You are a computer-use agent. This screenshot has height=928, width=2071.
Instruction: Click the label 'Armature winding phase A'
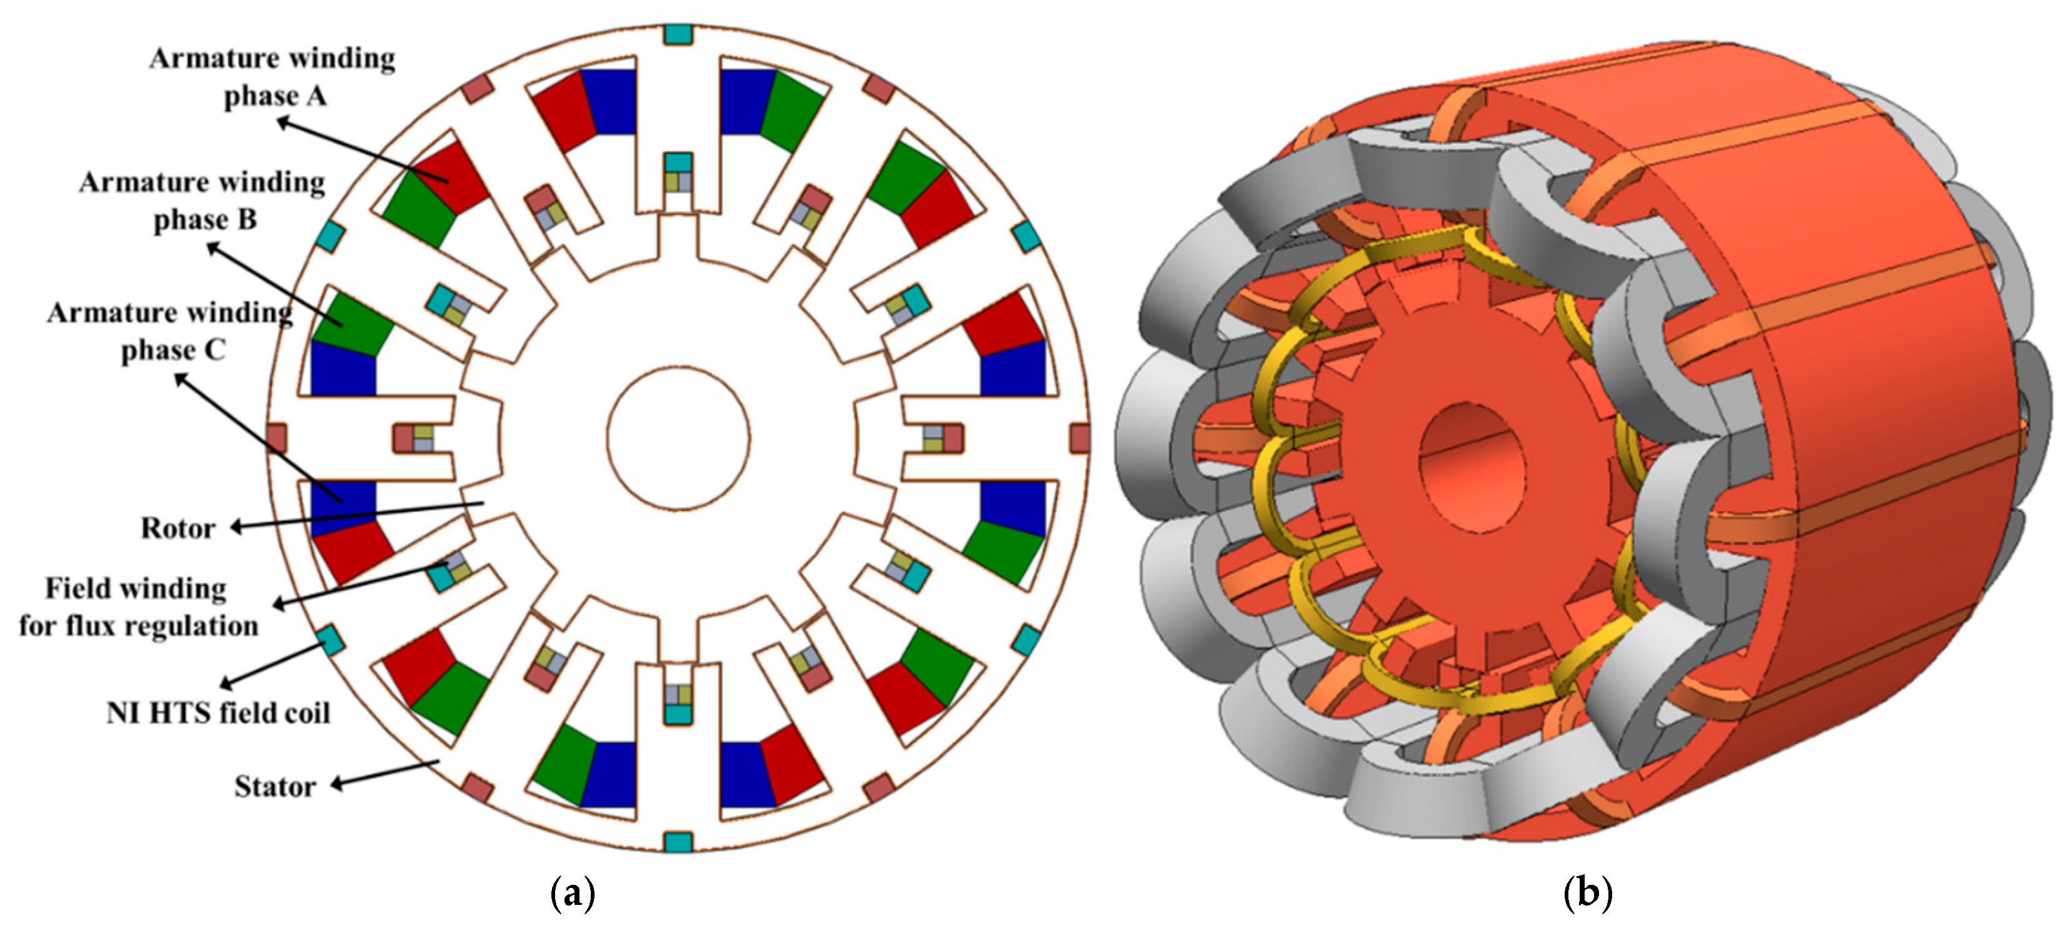click(x=273, y=77)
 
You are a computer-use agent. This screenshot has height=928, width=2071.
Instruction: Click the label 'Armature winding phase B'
click(x=203, y=201)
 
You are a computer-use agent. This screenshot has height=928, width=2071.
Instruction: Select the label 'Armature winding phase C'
click(x=171, y=331)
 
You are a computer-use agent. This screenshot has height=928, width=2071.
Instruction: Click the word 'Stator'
click(x=275, y=787)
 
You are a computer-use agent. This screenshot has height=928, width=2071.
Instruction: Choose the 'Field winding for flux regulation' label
click(x=138, y=607)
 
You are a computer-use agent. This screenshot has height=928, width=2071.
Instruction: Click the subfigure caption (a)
click(x=573, y=892)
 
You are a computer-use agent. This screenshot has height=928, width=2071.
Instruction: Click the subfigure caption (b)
click(x=1588, y=892)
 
